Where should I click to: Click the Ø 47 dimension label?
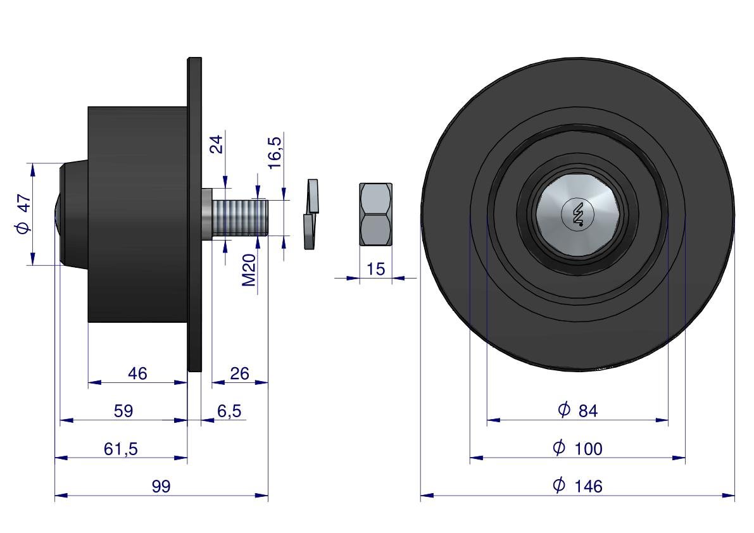(23, 215)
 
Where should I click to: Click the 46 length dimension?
(137, 373)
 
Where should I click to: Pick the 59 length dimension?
(123, 411)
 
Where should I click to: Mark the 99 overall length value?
(161, 487)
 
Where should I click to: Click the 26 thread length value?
(239, 373)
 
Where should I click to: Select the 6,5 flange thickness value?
(229, 411)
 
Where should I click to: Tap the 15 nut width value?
(375, 269)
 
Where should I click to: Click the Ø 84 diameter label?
(577, 411)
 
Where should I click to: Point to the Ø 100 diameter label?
(577, 449)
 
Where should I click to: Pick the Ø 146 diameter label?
(577, 486)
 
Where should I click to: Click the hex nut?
(375, 214)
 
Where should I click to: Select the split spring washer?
(310, 214)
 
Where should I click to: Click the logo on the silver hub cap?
(577, 215)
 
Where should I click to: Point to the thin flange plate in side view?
(195, 214)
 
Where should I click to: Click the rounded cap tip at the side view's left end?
(57, 214)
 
